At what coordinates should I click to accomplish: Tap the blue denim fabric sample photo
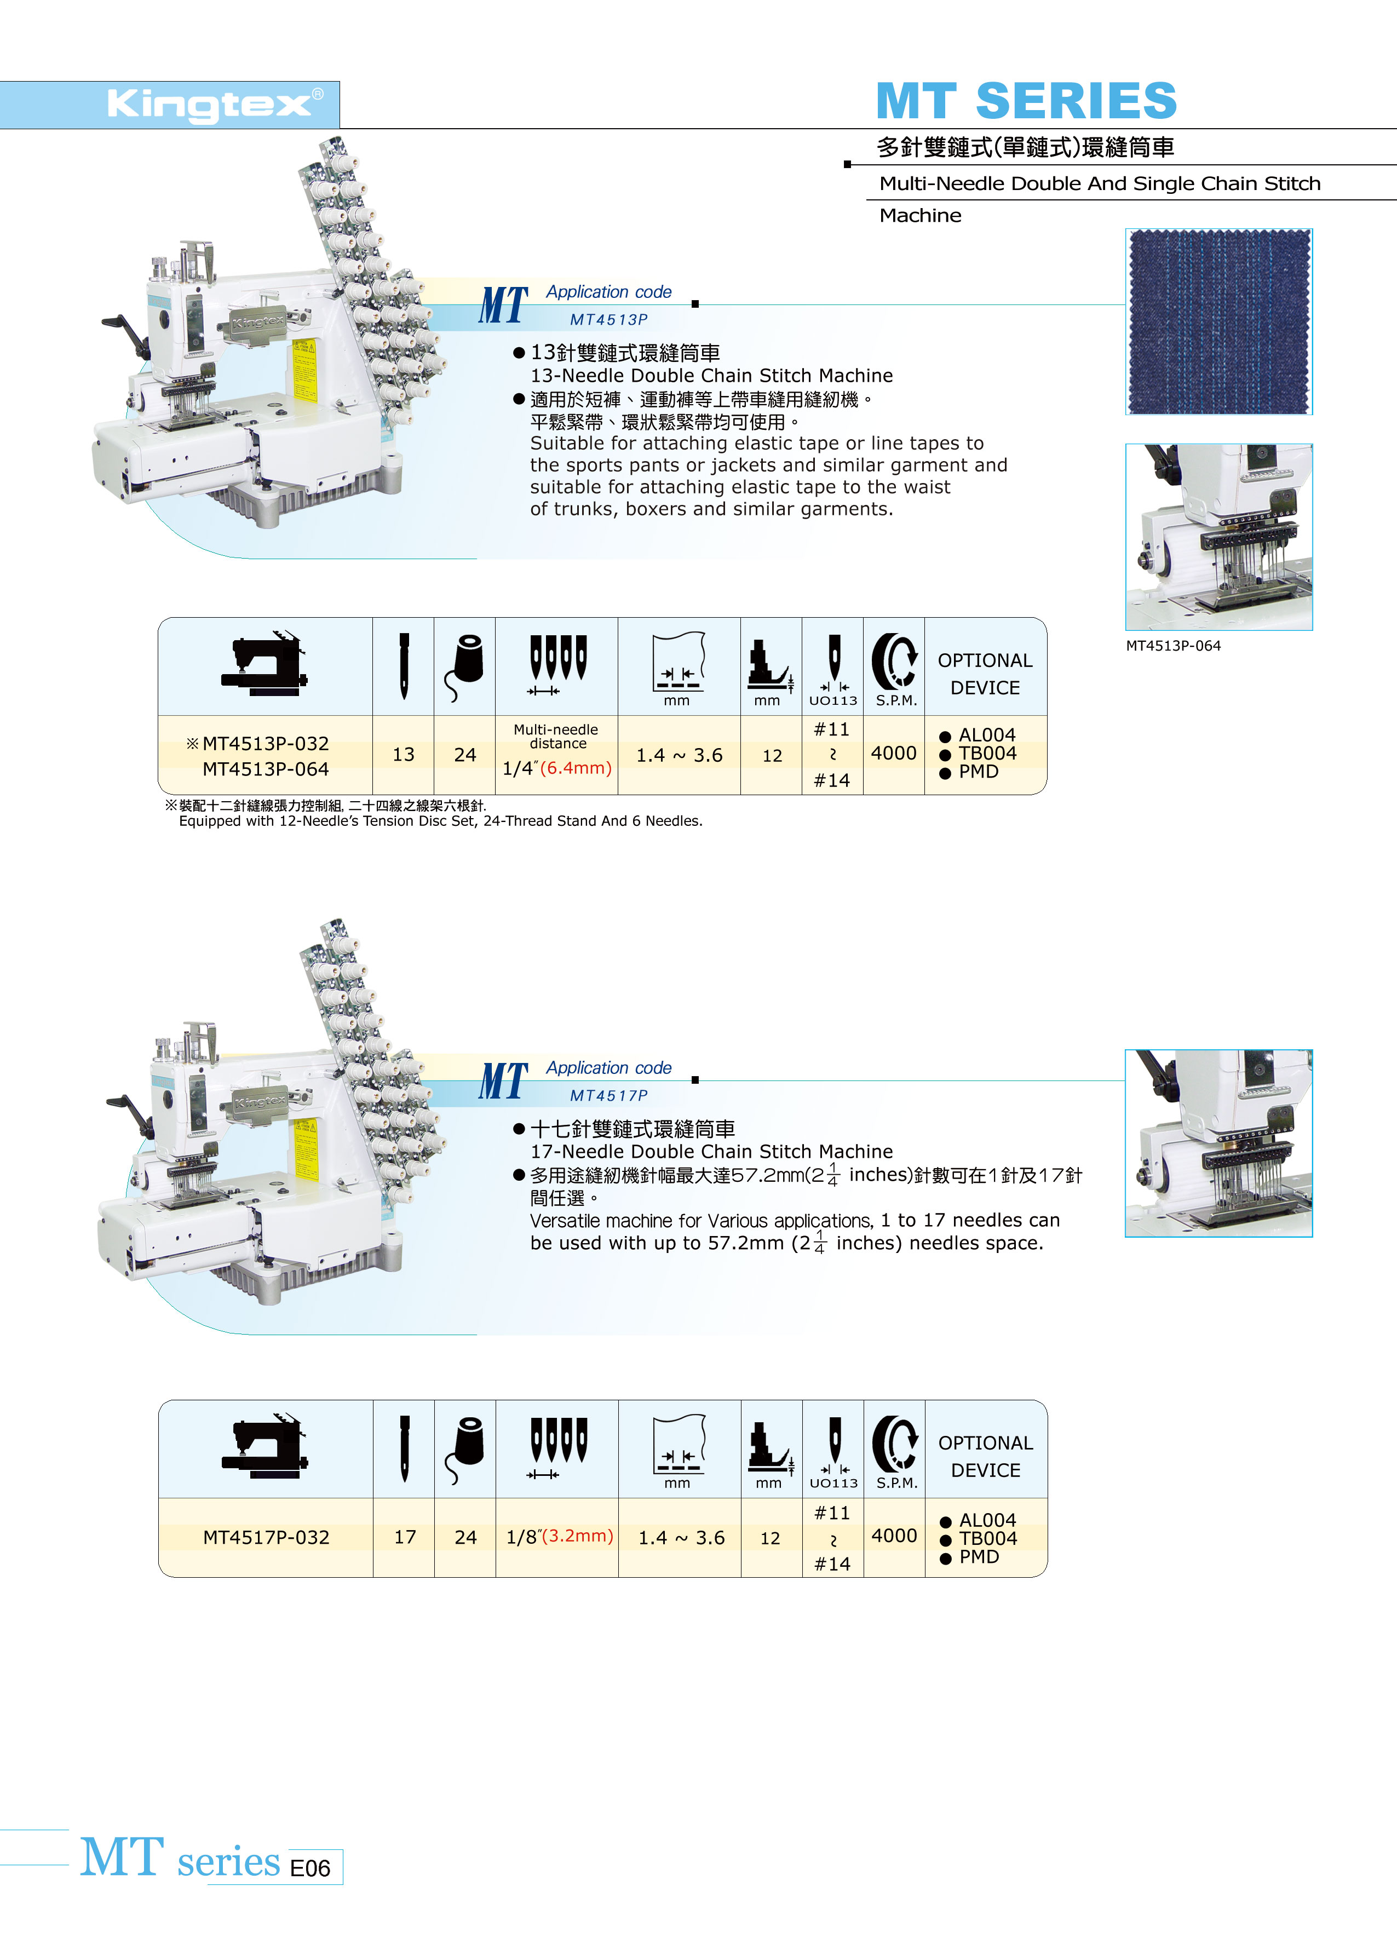click(x=1219, y=321)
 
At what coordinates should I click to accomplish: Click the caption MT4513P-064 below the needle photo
click(x=1174, y=646)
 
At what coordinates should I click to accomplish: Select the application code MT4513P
click(x=609, y=320)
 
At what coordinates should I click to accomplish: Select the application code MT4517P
click(x=609, y=1096)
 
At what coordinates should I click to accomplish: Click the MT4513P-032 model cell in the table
click(x=266, y=744)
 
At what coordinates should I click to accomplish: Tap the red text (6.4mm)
click(x=576, y=767)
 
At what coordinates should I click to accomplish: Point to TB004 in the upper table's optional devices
click(x=987, y=754)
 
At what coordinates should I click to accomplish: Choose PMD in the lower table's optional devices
click(x=979, y=1556)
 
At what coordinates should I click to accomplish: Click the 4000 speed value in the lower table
click(x=895, y=1536)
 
